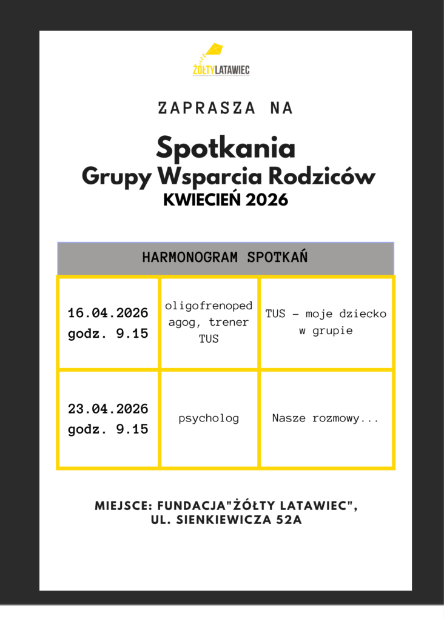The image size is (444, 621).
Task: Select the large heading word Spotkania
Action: tap(226, 147)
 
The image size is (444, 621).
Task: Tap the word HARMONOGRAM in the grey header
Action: tap(190, 257)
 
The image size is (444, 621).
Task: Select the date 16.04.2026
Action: tap(108, 314)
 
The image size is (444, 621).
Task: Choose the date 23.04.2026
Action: tap(108, 409)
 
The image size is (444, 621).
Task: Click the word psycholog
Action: tap(209, 418)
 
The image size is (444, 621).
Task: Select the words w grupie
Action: tap(325, 332)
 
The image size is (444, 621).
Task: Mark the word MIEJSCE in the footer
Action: tap(123, 506)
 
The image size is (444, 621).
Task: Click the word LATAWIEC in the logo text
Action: tap(232, 71)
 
